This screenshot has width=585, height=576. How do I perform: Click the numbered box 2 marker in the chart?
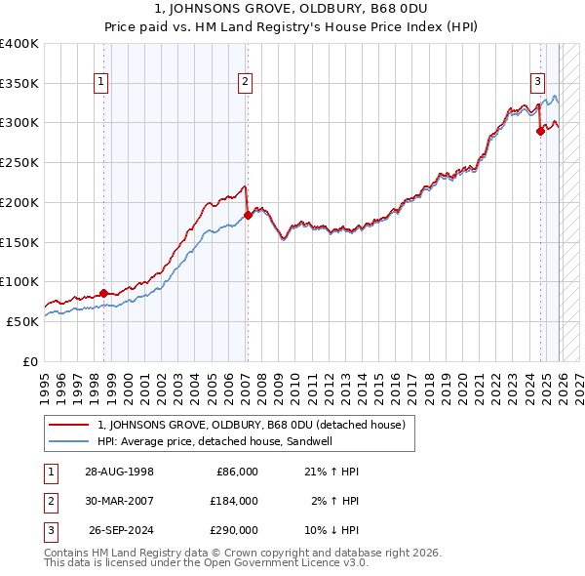pyautogui.click(x=245, y=82)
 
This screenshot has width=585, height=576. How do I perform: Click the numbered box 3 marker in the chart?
pyautogui.click(x=537, y=82)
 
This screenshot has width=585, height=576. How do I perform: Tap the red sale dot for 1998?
pyautogui.click(x=104, y=292)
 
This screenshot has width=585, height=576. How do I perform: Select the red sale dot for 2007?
pyautogui.click(x=248, y=215)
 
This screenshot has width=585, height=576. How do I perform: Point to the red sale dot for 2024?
pyautogui.click(x=540, y=131)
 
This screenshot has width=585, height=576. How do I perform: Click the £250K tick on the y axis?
pyautogui.click(x=19, y=162)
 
